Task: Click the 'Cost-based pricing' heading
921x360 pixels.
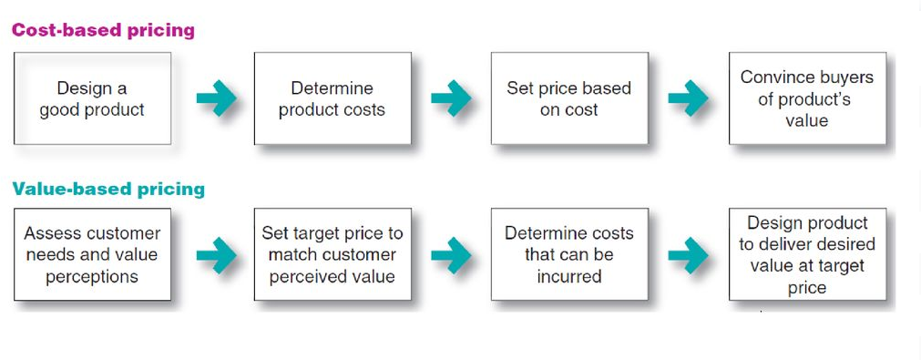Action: (x=103, y=30)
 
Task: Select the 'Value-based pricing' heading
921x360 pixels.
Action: (x=108, y=190)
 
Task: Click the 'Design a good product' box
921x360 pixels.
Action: (x=92, y=98)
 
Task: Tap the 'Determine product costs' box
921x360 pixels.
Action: (x=332, y=98)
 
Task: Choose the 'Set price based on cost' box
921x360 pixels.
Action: (x=568, y=98)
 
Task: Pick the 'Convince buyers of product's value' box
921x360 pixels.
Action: (x=806, y=98)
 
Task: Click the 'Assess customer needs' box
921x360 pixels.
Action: (x=92, y=255)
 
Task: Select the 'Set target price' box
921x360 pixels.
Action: (x=332, y=255)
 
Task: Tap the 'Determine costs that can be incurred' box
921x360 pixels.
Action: (x=568, y=255)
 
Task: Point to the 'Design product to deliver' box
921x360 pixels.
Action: (x=806, y=255)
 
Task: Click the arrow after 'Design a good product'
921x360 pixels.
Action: (x=216, y=98)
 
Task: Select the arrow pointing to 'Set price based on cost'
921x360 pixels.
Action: (x=451, y=98)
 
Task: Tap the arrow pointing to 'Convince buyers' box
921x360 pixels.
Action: (x=688, y=98)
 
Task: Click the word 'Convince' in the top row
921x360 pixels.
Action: (x=774, y=77)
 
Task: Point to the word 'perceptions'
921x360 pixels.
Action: (x=92, y=276)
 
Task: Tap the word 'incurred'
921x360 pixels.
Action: (x=568, y=276)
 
